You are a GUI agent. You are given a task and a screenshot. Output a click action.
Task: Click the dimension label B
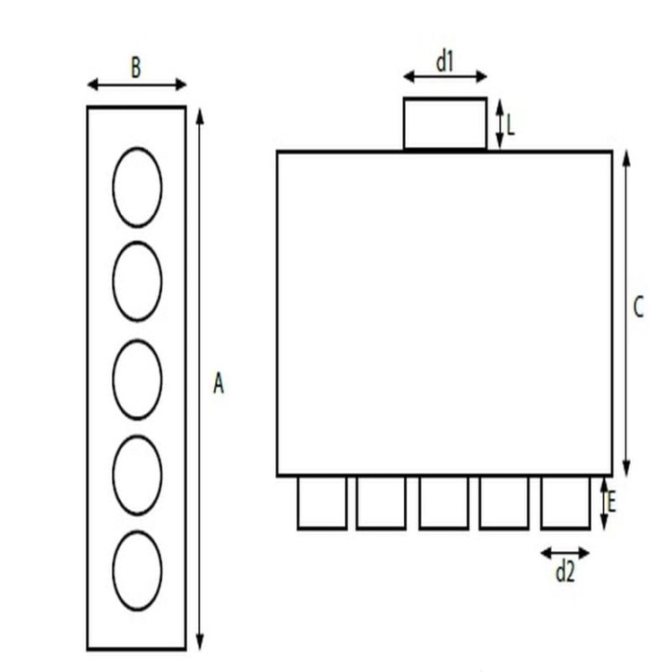pyautogui.click(x=136, y=68)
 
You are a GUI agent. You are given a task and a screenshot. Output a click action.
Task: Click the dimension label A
pyautogui.click(x=219, y=383)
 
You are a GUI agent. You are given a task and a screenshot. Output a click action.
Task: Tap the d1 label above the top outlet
pyautogui.click(x=444, y=61)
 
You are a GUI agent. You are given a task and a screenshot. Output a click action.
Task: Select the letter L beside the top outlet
pyautogui.click(x=511, y=125)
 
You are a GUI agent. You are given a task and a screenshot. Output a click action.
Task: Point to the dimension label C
pyautogui.click(x=639, y=306)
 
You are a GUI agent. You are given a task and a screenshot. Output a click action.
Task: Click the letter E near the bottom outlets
pyautogui.click(x=612, y=503)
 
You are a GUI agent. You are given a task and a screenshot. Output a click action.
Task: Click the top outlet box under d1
pyautogui.click(x=404, y=125)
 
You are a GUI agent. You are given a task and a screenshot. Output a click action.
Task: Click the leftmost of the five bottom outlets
pyautogui.click(x=297, y=503)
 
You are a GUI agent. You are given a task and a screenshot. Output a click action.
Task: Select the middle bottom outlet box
pyautogui.click(x=420, y=503)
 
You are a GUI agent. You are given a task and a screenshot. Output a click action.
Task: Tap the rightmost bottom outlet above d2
pyautogui.click(x=542, y=503)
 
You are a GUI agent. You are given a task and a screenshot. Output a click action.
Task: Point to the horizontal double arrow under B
pyautogui.click(x=137, y=84)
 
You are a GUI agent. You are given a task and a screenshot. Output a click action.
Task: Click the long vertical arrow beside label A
pyautogui.click(x=199, y=379)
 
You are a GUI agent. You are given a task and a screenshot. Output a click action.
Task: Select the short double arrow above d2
pyautogui.click(x=564, y=553)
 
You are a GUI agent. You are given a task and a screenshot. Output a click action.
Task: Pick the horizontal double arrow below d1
pyautogui.click(x=444, y=77)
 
